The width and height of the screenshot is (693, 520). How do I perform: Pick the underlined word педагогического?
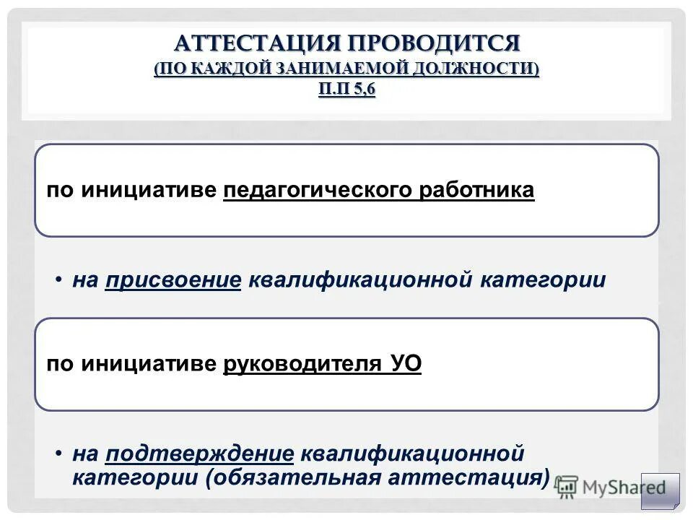click(x=318, y=191)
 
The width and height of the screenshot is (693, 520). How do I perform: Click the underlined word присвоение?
click(x=173, y=279)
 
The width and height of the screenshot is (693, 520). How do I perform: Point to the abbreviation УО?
click(x=406, y=365)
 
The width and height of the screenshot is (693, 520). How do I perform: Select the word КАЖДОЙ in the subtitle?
click(x=232, y=69)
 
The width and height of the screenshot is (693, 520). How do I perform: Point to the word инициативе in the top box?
click(x=149, y=191)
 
